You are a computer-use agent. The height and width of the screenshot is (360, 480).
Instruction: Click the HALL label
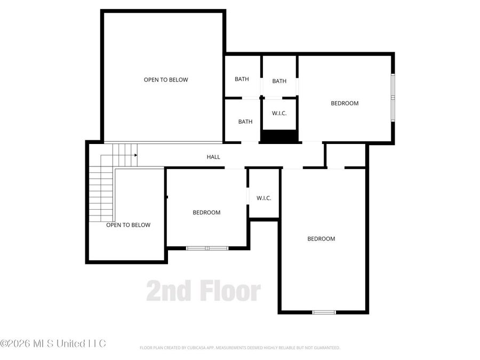[213, 157]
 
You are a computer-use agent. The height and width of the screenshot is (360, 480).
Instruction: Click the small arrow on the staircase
[136, 155]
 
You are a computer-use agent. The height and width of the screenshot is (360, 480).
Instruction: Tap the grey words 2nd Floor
[204, 291]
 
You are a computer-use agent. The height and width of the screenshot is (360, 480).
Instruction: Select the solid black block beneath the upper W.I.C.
[279, 137]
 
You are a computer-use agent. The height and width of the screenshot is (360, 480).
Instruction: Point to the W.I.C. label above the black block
[279, 113]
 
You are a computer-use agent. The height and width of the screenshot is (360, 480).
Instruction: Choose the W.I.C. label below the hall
[264, 198]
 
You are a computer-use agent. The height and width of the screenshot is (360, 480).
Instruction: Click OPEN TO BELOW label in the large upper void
[166, 80]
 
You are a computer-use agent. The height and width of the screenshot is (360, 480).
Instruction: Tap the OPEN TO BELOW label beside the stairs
[128, 225]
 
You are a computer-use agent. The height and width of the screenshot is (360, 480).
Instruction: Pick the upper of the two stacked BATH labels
[242, 79]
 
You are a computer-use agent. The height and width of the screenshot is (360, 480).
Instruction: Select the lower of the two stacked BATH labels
[245, 122]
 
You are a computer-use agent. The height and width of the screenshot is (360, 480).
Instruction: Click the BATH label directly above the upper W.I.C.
[279, 81]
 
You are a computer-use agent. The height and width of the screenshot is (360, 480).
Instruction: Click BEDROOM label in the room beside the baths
[345, 103]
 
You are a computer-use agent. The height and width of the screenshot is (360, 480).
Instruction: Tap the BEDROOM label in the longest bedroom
[321, 239]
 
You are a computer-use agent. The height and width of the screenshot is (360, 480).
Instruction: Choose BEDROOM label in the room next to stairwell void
[206, 212]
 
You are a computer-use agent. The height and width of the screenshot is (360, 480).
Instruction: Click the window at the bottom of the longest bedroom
[324, 312]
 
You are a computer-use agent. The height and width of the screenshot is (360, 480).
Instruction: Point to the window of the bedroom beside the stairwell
[207, 248]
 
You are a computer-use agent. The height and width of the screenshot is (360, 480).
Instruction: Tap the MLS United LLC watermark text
[53, 343]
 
